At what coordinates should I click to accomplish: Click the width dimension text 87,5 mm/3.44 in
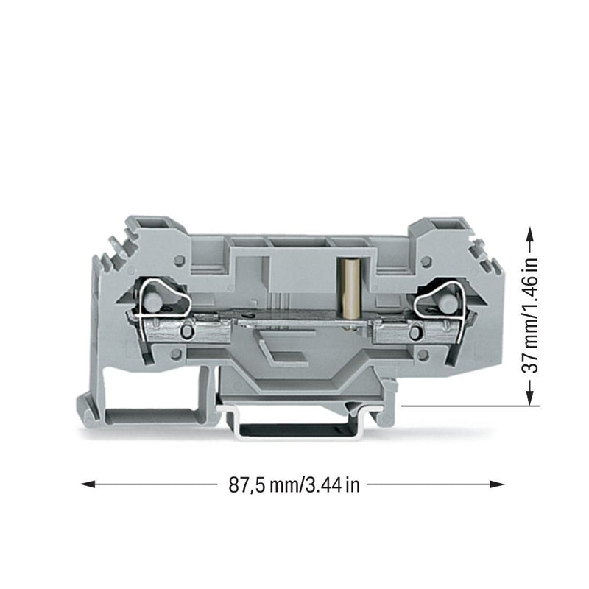(x=294, y=485)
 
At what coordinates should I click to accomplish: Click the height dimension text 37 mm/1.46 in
(x=530, y=314)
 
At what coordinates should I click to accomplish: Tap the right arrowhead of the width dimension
(x=497, y=484)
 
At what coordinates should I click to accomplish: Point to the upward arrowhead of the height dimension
(x=529, y=233)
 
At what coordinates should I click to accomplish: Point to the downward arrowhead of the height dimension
(x=529, y=398)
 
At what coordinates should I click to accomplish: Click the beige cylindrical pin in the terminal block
(x=349, y=289)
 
